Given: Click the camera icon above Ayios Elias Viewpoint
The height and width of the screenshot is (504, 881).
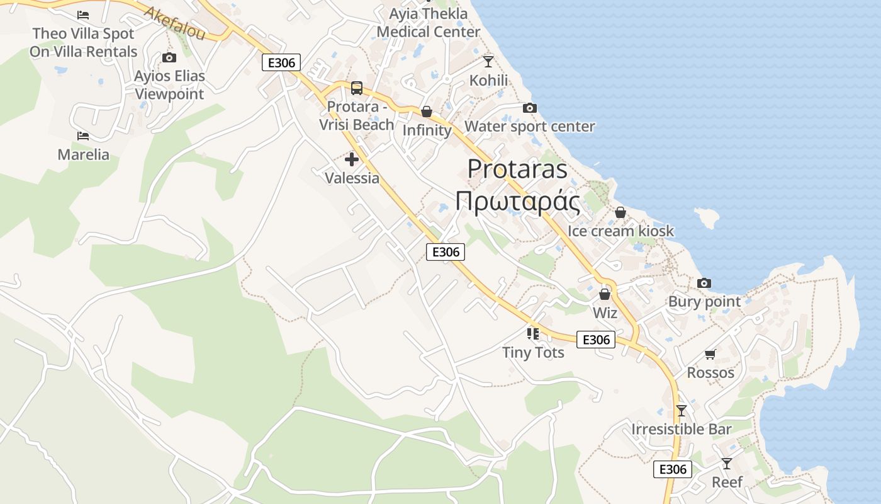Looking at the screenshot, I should click(169, 58).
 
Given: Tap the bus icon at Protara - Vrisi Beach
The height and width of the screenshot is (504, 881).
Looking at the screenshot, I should click(357, 88).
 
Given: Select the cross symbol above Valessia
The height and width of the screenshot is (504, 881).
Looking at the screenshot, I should click(352, 159).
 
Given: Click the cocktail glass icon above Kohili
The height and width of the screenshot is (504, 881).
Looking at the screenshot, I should click(488, 61).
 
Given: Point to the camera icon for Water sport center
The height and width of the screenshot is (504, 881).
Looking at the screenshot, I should click(530, 108).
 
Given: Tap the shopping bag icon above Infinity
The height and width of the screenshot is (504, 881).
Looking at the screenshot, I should click(427, 112).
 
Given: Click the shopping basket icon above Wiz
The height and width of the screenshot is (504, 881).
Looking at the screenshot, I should click(605, 294).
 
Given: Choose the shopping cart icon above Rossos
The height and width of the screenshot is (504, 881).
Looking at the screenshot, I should click(710, 354).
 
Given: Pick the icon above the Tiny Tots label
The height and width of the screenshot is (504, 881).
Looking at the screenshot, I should click(533, 333).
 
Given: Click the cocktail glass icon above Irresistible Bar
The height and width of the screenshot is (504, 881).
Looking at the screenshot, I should click(681, 411).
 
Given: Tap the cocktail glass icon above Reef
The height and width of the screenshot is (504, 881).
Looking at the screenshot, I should click(727, 464).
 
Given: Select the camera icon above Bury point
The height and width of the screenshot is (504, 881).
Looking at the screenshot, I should click(704, 283).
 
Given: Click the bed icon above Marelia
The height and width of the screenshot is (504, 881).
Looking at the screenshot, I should click(82, 135).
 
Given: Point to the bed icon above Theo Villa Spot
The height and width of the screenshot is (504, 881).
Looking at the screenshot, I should click(82, 14).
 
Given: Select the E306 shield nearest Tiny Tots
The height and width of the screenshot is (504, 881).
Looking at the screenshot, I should click(596, 340).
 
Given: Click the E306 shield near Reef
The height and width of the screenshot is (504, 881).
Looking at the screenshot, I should click(673, 469).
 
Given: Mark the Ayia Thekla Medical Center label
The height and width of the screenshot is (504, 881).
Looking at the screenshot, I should click(429, 23).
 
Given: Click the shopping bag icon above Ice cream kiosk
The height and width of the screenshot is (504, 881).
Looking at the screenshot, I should click(620, 212).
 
